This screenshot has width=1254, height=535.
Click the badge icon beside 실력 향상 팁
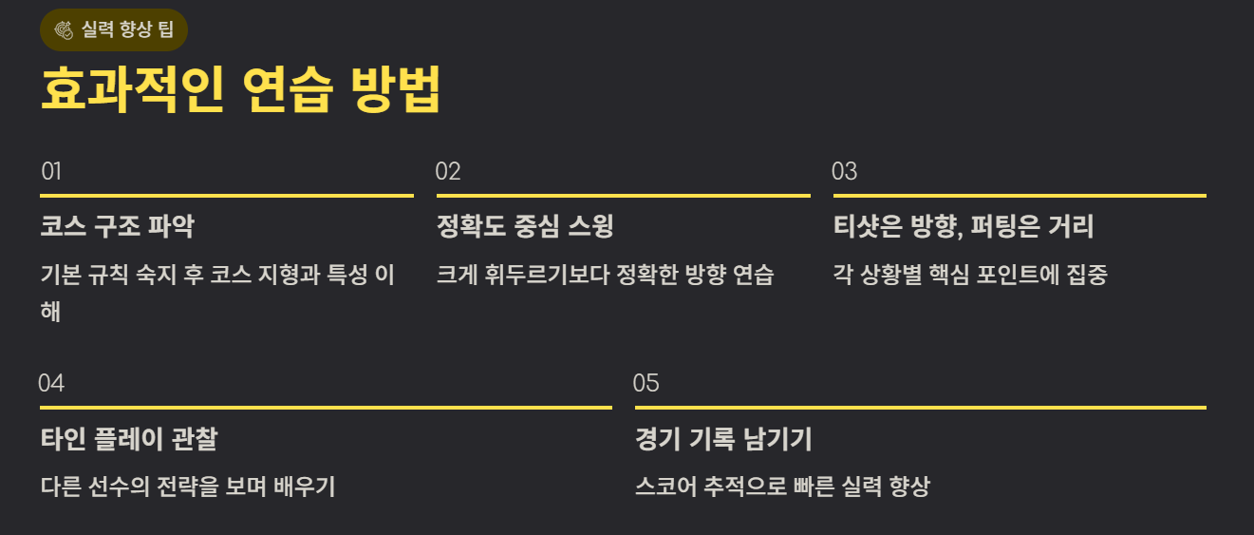click(66, 29)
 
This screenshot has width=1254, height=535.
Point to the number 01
click(51, 172)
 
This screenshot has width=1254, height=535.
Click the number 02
click(448, 172)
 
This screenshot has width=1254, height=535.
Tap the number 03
click(844, 172)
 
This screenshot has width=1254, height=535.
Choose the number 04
click(51, 384)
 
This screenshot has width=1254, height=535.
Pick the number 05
click(646, 384)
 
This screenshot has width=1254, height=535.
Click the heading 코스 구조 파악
click(118, 227)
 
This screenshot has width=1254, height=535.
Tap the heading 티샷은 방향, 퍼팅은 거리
click(964, 227)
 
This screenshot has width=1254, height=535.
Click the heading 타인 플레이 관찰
click(129, 439)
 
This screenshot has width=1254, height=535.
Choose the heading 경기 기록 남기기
click(723, 439)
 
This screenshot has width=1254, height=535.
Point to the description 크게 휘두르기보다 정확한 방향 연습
click(605, 276)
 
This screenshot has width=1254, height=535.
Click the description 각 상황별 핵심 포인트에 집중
click(970, 276)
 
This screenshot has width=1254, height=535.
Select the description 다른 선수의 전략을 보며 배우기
click(188, 487)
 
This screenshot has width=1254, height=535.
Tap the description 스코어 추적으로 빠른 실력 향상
click(782, 487)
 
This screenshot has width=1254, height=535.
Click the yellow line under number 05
click(920, 408)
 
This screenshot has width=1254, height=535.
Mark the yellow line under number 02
click(623, 196)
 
